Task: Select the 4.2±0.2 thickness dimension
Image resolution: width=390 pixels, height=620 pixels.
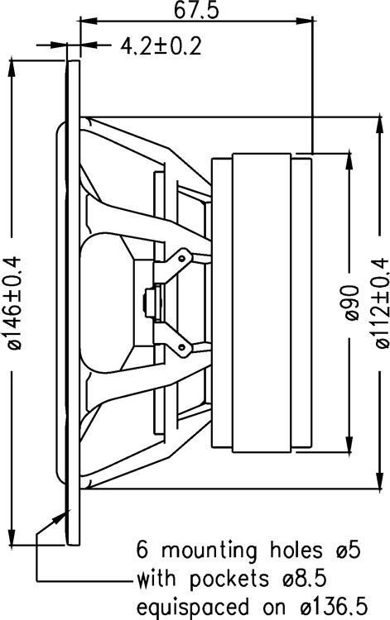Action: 161,46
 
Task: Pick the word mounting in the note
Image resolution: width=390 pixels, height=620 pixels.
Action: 209,551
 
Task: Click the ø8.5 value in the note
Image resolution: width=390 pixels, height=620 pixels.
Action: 305,579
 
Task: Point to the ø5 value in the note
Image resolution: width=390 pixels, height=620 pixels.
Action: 349,550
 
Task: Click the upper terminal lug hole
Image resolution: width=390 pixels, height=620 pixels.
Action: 181,258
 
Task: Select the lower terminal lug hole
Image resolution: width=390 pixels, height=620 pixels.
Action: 181,347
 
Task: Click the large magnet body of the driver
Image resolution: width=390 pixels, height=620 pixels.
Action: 262,303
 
